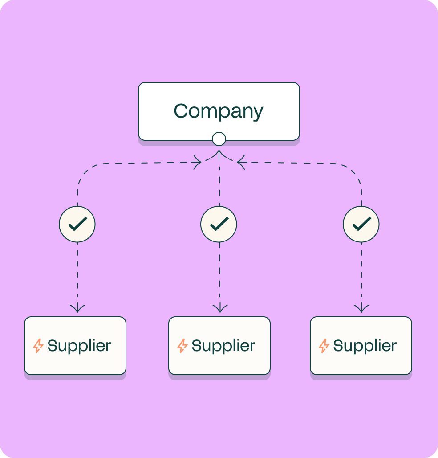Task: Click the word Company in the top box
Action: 219,111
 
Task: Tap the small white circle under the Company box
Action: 219,139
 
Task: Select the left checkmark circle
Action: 77,224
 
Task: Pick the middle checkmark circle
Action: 219,224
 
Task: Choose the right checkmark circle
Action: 361,224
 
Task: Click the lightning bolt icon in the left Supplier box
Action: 39,346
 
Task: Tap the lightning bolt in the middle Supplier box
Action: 182,346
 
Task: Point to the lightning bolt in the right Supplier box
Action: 324,346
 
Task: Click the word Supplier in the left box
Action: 79,346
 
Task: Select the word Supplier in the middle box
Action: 223,346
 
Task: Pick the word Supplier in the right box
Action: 365,346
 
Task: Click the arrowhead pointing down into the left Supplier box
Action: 77,308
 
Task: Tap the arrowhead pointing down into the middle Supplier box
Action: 220,308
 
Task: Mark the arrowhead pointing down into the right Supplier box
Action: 361,308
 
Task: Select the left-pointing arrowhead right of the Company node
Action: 240,162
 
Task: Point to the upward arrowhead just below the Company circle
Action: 219,154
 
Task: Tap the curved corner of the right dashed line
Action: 355,170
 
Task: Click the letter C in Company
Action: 181,111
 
